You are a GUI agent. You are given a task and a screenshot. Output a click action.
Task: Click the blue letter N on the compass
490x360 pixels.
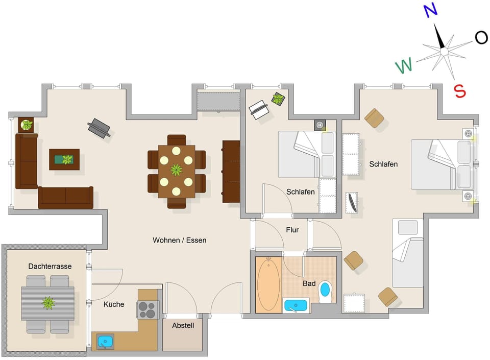point(430,11)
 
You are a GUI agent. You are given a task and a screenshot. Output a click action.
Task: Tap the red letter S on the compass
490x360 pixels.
point(460,91)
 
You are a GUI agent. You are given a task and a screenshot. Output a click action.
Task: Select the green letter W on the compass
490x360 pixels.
point(404,65)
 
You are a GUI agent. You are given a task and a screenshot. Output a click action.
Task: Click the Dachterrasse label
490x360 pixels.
point(50,266)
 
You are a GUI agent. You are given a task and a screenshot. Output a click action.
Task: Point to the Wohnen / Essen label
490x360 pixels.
point(179,240)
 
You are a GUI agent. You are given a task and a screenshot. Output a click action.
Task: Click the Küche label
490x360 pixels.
point(114,304)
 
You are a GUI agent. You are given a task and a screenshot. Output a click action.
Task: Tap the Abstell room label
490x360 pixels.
point(183,325)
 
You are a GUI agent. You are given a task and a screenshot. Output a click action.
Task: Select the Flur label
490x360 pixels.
point(292,230)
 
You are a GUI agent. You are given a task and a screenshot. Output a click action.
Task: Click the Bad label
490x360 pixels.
point(309,283)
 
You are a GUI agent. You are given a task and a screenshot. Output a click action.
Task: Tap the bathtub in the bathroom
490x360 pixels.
point(268,285)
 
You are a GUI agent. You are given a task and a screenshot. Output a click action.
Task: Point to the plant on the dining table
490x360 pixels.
point(176,170)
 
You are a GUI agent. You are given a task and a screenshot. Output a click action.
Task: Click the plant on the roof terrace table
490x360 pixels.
point(48,303)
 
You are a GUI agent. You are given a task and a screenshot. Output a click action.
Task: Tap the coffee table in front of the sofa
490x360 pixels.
point(64,159)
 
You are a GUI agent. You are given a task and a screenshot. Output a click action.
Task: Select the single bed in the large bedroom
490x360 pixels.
point(407,253)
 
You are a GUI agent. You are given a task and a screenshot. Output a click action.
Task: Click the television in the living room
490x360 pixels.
point(99,128)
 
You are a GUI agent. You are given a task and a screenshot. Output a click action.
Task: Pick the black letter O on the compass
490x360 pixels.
point(481,37)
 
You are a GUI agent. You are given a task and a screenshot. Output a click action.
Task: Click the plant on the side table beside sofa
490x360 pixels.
point(26,125)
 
